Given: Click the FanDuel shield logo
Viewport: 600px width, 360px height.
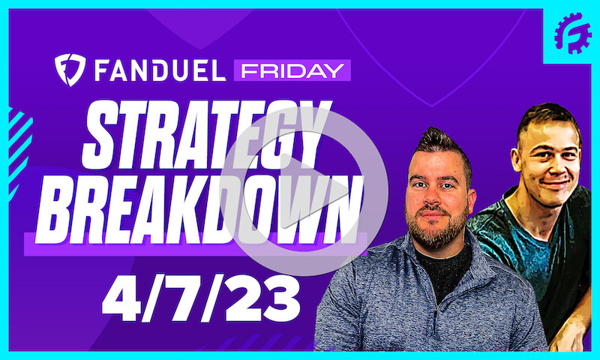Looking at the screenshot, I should [70, 70].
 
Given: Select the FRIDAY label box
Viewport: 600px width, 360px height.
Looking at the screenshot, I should [292, 70].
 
